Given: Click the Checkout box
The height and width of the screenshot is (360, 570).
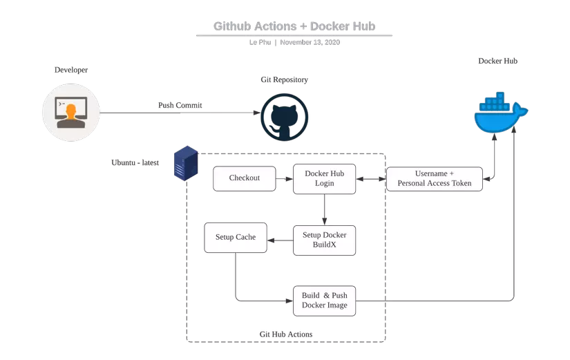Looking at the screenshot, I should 245,178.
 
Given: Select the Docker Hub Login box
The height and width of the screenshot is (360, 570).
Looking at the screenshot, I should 324,178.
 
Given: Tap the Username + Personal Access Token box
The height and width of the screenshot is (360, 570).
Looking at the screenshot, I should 434,178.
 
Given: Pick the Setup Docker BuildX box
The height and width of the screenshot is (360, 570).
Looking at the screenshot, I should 324,240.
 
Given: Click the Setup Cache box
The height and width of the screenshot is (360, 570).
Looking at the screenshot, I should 236,237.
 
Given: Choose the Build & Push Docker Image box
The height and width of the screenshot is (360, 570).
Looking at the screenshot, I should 324,301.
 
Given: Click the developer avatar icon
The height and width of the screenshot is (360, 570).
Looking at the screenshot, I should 71,112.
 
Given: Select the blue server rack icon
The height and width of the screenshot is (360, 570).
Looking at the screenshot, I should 186,164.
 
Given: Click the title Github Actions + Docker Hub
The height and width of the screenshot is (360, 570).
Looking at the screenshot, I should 294,26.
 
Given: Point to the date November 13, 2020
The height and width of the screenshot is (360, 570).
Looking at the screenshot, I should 310,42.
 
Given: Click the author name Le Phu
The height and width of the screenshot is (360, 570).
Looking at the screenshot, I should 260,42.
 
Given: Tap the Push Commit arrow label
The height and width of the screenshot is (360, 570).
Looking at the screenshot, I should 180,105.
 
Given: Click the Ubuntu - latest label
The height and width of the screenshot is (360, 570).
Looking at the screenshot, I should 135,163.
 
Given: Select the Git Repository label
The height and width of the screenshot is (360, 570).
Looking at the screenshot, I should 284,79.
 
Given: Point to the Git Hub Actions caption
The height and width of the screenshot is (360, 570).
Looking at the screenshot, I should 285,334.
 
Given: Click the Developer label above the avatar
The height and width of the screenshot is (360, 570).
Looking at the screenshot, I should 71,70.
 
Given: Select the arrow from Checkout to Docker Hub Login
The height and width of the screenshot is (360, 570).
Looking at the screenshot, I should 285,178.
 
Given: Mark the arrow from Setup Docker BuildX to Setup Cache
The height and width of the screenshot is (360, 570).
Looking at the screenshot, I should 280,240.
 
